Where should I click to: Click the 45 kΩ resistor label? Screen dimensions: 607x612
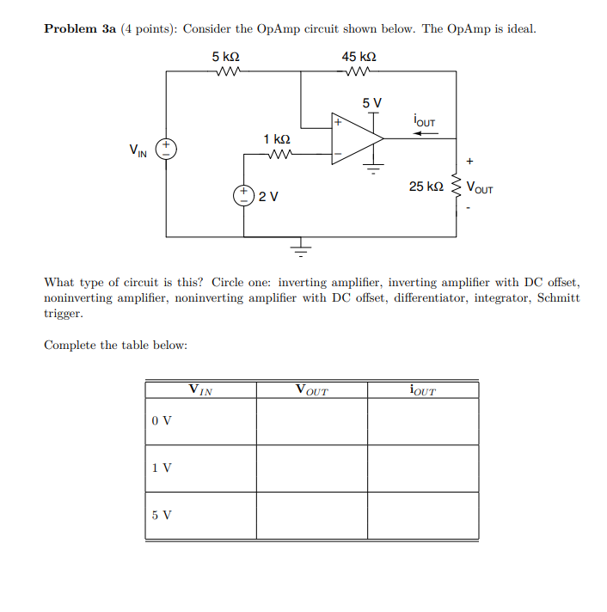359,57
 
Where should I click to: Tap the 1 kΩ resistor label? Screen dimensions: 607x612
277,139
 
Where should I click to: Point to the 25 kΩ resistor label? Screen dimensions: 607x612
426,187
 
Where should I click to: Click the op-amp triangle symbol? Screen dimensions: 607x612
358,138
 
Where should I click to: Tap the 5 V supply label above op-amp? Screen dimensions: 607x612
371,102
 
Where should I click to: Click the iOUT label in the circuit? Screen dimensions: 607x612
424,119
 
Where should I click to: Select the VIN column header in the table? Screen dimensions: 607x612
200,390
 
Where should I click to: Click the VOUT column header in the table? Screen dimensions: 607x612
311,390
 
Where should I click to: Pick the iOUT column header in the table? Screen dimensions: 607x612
423,390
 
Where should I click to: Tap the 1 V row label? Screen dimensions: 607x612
161,468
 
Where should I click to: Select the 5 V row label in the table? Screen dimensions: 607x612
161,516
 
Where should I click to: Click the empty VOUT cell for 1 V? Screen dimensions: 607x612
311,468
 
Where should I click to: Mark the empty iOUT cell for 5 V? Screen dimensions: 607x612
423,516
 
